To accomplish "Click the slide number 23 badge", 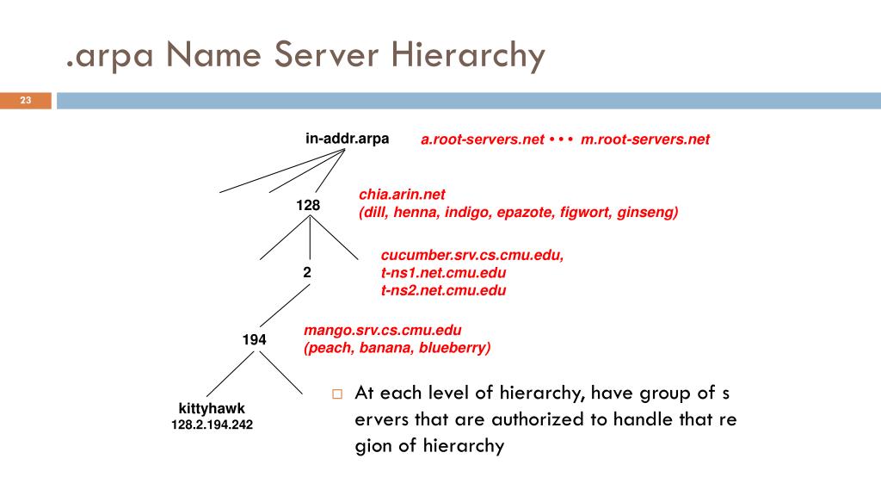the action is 26,101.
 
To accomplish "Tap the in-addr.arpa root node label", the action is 347,138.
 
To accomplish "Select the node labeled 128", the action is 308,205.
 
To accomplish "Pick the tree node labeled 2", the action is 307,271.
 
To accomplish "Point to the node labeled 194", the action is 254,340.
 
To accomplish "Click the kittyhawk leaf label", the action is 212,408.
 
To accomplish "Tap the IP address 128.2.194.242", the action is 212,425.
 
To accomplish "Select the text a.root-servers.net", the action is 482,139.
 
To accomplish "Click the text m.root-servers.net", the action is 645,139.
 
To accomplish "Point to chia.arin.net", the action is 402,195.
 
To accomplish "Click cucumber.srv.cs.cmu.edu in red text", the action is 472,256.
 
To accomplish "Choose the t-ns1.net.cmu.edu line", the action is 443,273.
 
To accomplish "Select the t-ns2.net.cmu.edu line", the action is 443,290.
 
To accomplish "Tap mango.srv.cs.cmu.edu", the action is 383,331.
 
